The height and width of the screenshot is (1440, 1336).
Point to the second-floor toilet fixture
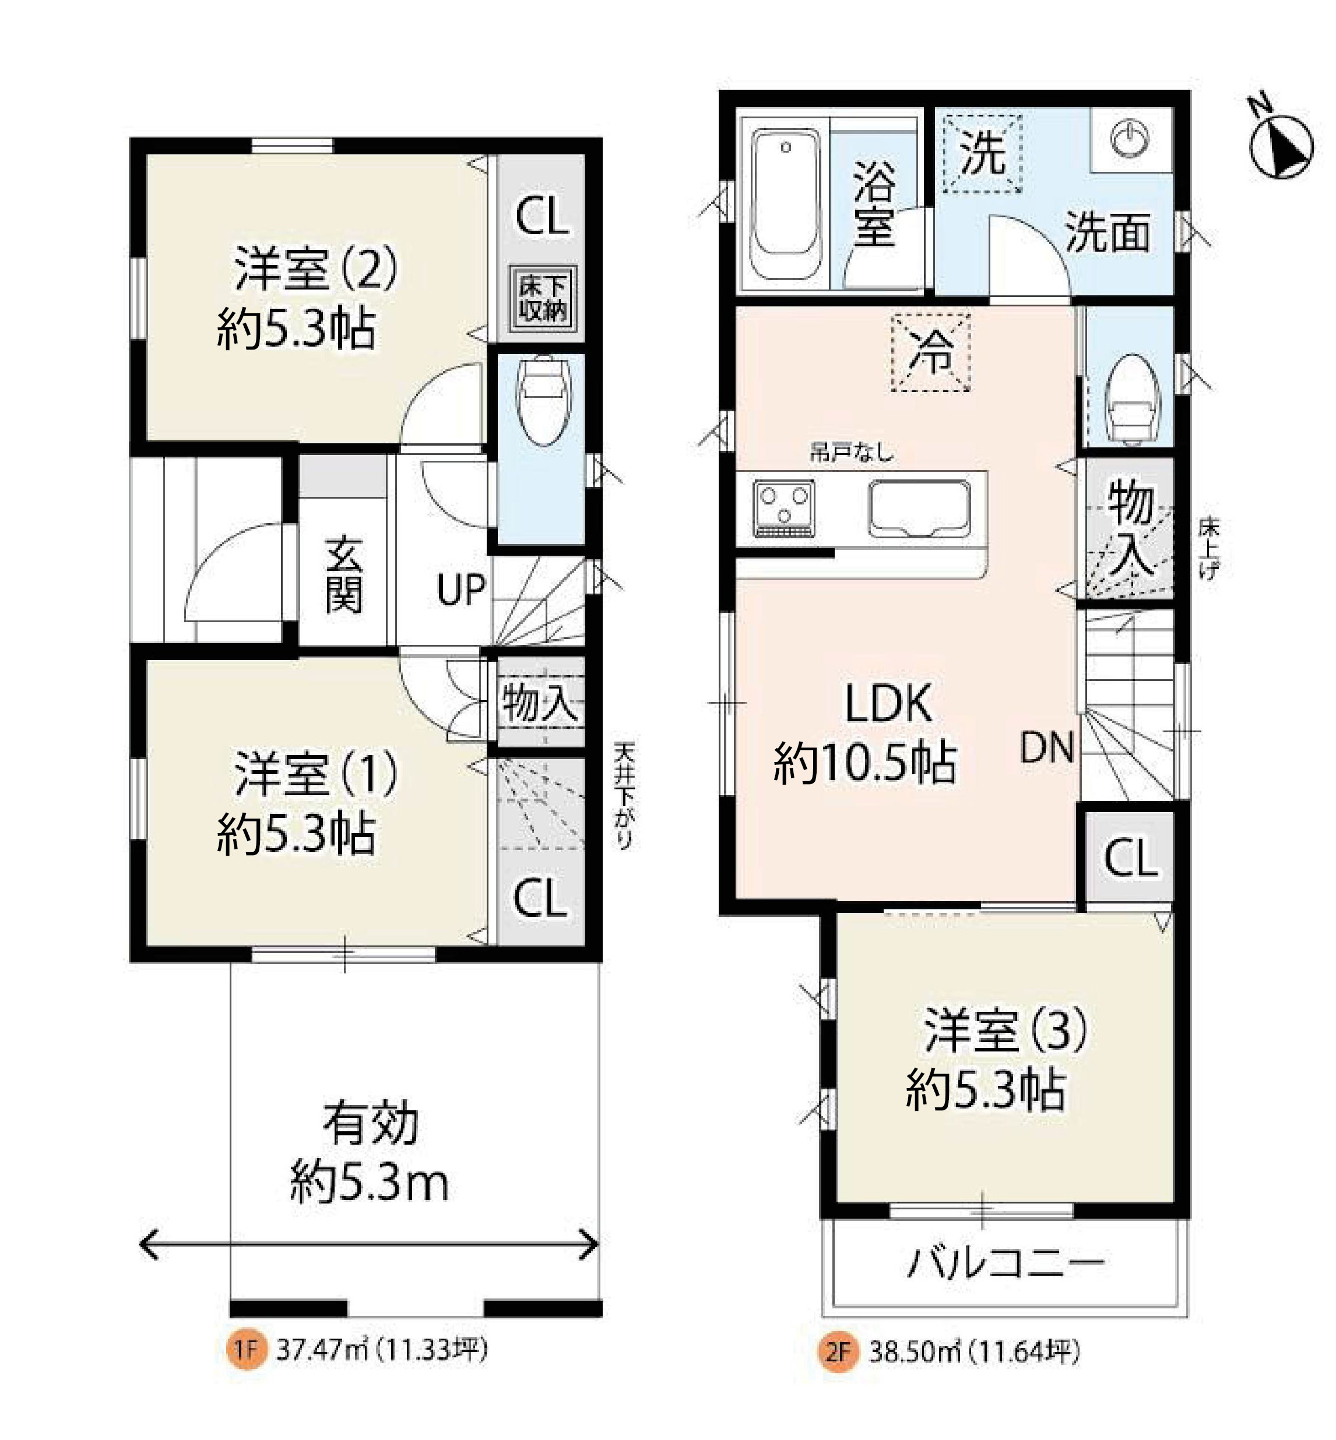pos(1132,399)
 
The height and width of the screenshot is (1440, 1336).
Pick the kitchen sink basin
pos(919,509)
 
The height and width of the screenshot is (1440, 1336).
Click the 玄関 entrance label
pos(343,574)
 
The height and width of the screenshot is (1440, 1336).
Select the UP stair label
pos(461,590)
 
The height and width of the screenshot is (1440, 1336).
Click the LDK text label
pos(888,703)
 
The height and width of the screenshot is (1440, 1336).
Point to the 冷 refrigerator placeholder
pos(930,352)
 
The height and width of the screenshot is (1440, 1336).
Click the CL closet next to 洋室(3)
pos(1131,857)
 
